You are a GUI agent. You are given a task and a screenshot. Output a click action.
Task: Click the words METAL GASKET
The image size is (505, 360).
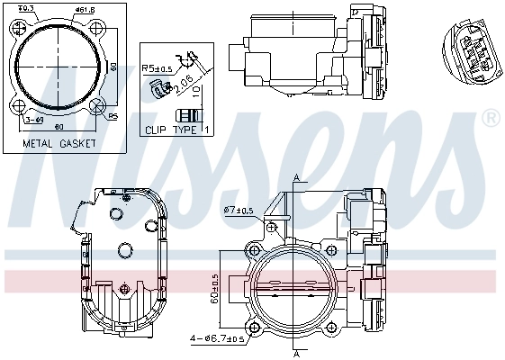tap(60, 142)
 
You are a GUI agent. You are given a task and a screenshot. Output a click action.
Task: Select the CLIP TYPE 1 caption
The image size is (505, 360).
tap(177, 130)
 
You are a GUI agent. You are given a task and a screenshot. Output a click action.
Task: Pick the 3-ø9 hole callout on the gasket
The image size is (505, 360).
tap(34, 118)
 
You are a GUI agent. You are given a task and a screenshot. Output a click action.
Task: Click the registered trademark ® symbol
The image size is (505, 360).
tap(491, 118)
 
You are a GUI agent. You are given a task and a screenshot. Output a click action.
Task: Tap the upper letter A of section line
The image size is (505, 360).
tap(295, 175)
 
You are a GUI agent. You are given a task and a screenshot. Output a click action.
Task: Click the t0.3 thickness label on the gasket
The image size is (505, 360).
tap(26, 8)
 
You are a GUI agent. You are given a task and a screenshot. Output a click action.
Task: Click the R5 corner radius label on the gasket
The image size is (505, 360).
tap(113, 116)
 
